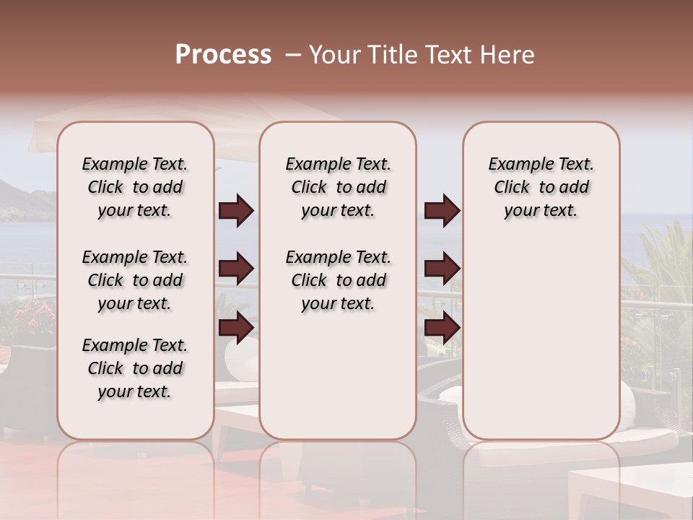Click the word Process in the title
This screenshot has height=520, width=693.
[223, 55]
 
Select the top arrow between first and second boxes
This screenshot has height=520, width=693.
[236, 211]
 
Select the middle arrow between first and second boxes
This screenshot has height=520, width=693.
[236, 269]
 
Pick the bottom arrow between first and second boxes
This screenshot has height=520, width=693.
[236, 329]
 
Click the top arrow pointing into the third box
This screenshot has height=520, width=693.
[442, 211]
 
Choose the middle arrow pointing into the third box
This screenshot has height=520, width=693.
[442, 269]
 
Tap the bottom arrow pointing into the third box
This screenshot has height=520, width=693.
[442, 329]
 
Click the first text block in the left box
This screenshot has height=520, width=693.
[135, 187]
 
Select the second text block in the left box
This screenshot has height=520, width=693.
[135, 280]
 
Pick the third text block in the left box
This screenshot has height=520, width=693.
[135, 368]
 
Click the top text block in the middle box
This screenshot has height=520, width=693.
[338, 187]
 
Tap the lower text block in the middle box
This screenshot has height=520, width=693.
[338, 280]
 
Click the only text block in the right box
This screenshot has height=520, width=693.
[541, 187]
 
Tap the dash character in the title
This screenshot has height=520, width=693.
[293, 55]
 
